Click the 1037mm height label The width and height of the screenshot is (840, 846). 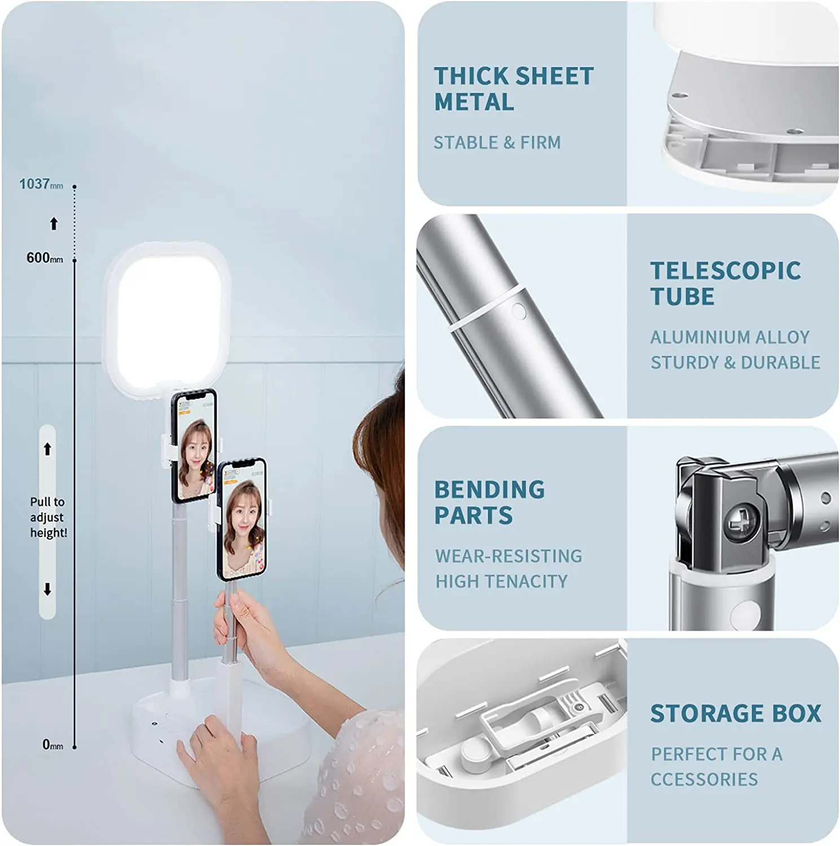[x=41, y=184]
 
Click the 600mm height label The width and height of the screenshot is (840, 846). [x=44, y=258]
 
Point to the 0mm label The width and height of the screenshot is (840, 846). [x=52, y=744]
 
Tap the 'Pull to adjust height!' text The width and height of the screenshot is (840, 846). [x=48, y=517]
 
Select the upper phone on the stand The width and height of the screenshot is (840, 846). [x=193, y=446]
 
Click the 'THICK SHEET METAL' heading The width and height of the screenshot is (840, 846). [x=513, y=89]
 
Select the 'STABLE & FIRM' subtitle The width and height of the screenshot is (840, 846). [x=497, y=143]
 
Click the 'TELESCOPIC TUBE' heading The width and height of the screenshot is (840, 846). [x=725, y=283]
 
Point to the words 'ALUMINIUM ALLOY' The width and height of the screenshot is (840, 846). [x=730, y=337]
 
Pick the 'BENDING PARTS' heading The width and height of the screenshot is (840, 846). [x=489, y=502]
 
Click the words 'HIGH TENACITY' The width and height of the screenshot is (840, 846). [x=501, y=581]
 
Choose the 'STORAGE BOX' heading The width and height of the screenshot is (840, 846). [x=736, y=713]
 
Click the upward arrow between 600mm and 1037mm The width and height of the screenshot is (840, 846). [x=54, y=224]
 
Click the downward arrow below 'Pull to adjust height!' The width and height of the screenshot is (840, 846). [x=47, y=589]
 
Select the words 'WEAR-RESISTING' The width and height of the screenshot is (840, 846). [x=508, y=556]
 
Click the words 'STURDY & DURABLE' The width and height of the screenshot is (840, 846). [x=735, y=362]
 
